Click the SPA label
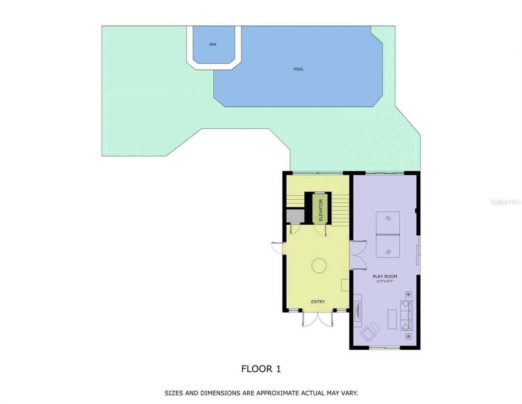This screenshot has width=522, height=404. click(x=212, y=44)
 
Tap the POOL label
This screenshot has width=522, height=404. click(x=299, y=69)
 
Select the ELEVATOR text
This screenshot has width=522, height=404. click(x=321, y=210)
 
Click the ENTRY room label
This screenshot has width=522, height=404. click(x=318, y=302)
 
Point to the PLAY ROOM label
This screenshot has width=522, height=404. click(x=385, y=277)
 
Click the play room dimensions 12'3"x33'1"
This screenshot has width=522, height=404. click(x=385, y=281)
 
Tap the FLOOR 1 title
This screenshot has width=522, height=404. click(x=261, y=369)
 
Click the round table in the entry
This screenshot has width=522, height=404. click(x=319, y=266)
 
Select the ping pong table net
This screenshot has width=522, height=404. click(x=387, y=234)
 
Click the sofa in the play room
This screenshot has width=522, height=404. click(x=406, y=315)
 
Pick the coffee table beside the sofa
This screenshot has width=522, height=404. click(x=391, y=319)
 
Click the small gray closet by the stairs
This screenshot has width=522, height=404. click(x=295, y=216)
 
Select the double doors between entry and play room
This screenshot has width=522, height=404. click(x=358, y=255)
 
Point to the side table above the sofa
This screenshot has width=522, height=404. click(x=408, y=295)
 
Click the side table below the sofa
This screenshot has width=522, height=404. click(x=408, y=336)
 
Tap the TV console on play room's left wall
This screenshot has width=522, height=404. click(x=357, y=310)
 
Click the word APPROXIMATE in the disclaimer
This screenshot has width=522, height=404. click(x=278, y=393)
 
